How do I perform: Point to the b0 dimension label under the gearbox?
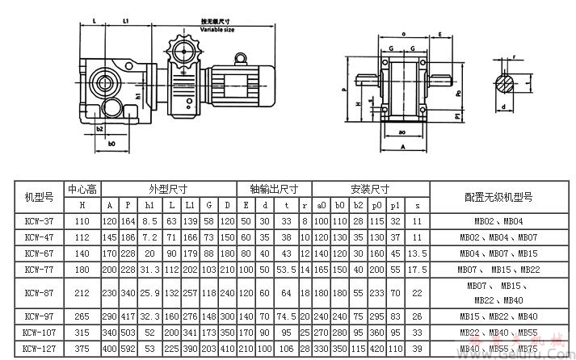[112, 143]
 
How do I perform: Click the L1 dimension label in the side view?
[126, 18]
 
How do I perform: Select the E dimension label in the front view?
[440, 34]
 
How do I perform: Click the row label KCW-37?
[40, 220]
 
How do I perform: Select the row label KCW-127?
[40, 349]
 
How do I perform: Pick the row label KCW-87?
[40, 292]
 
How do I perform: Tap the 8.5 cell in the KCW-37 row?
[149, 220]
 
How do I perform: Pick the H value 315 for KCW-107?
[82, 333]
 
